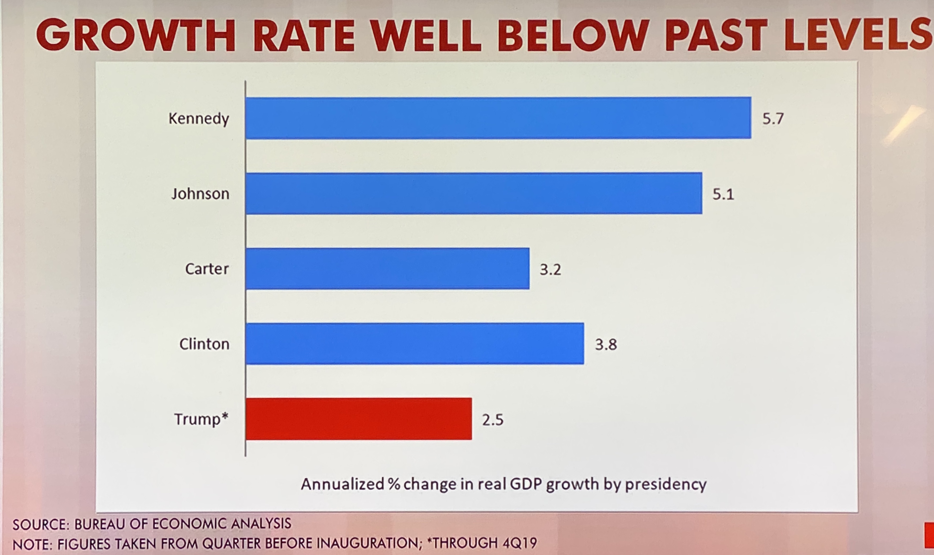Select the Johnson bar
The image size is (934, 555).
point(474,193)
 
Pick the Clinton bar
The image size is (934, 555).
point(415,344)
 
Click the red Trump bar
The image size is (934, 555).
point(358,419)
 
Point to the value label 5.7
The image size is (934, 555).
point(773,119)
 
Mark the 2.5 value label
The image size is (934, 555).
point(492,420)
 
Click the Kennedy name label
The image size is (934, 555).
point(199,119)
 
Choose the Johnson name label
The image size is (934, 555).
point(200,194)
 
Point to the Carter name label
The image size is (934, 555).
point(207,269)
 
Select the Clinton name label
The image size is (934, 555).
point(204,344)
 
